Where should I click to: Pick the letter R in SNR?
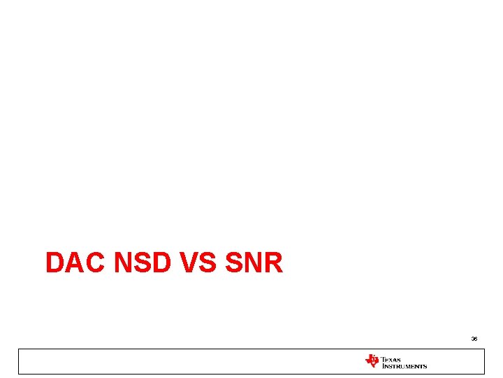272,263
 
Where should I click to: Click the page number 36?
474,339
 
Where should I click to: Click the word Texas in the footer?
392,358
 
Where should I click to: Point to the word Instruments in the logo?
404,365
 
